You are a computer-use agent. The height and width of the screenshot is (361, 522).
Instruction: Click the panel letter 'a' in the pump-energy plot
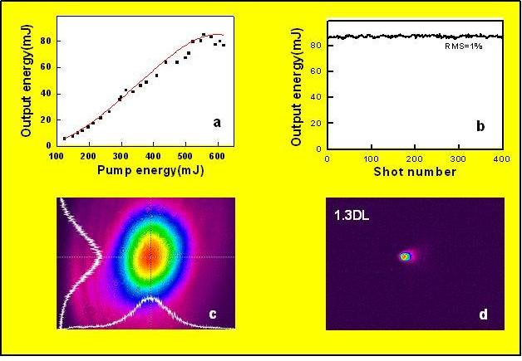pyautogui.click(x=218, y=123)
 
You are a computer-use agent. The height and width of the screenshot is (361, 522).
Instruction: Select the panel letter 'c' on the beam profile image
pyautogui.click(x=214, y=314)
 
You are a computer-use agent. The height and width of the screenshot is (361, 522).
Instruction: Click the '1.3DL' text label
pyautogui.click(x=352, y=216)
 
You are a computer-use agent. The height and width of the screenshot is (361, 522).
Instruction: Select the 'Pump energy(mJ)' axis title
pyautogui.click(x=145, y=171)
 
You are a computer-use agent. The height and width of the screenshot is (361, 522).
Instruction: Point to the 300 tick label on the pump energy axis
pyautogui.click(x=121, y=156)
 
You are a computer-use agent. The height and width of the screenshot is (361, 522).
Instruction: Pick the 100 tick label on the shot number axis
pyautogui.click(x=370, y=157)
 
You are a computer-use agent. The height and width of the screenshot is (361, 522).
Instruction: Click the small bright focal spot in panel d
pyautogui.click(x=406, y=256)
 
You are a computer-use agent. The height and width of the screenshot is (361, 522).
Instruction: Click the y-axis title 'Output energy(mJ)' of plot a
pyautogui.click(x=26, y=81)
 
